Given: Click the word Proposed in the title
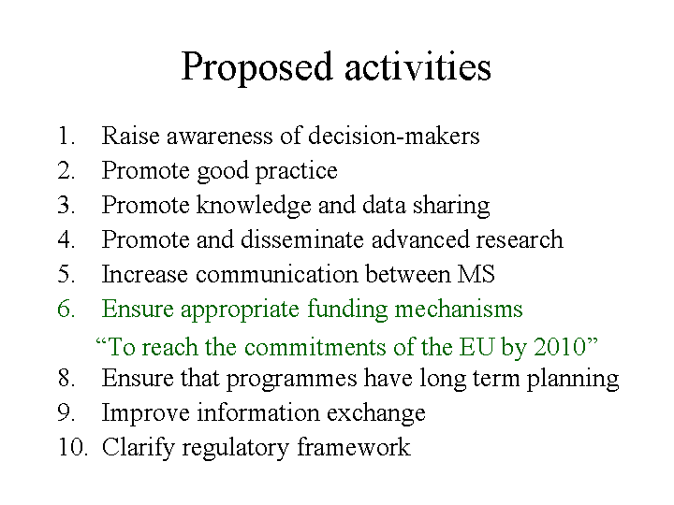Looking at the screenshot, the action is click(x=257, y=67).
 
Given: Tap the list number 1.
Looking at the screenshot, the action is click(x=66, y=136).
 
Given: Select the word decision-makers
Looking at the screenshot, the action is click(x=394, y=136).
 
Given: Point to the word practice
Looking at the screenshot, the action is click(x=297, y=172).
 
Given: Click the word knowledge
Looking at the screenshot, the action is click(x=254, y=206).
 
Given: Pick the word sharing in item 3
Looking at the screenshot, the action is click(x=451, y=206).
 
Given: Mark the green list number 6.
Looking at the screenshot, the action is click(x=66, y=309).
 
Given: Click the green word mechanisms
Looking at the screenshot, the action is click(x=459, y=309).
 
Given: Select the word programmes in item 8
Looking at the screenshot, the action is click(x=291, y=380).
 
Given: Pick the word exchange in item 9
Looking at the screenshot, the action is click(x=376, y=414).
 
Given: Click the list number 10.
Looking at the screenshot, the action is click(x=73, y=447).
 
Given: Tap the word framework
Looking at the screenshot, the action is click(x=354, y=447).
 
